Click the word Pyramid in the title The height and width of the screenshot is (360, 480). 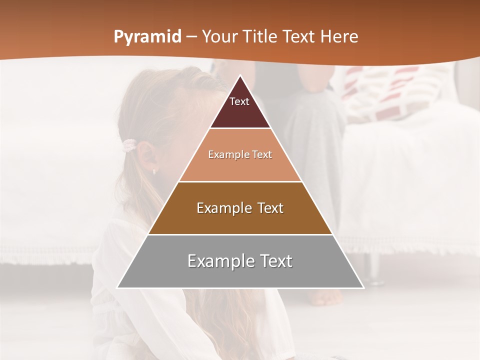click(147, 37)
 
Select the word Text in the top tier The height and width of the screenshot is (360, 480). click(239, 101)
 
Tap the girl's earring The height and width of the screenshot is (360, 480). click(154, 171)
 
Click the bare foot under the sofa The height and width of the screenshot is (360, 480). click(327, 297)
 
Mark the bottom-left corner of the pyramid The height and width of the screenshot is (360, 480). click(117, 287)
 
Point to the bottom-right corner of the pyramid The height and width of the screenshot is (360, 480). click(363, 287)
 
